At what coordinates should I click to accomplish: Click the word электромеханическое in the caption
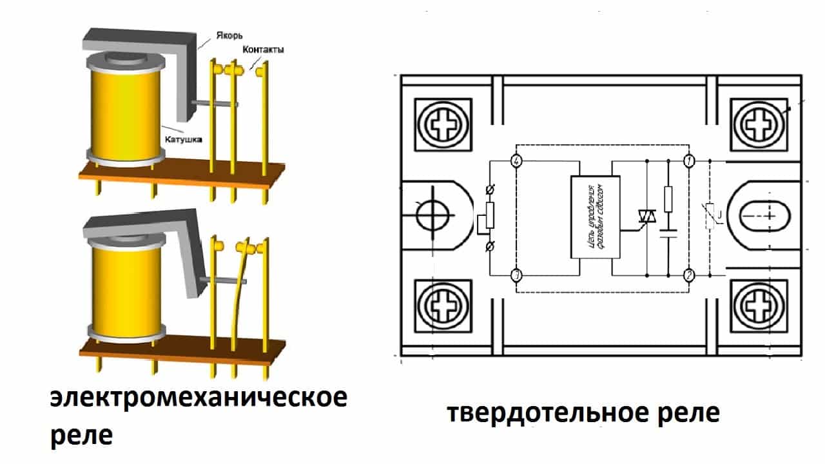199,398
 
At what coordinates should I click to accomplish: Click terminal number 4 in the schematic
516,160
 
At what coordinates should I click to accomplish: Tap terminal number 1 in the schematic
689,160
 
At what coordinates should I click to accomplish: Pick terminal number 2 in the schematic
689,275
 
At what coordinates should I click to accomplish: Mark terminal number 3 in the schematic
516,275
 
